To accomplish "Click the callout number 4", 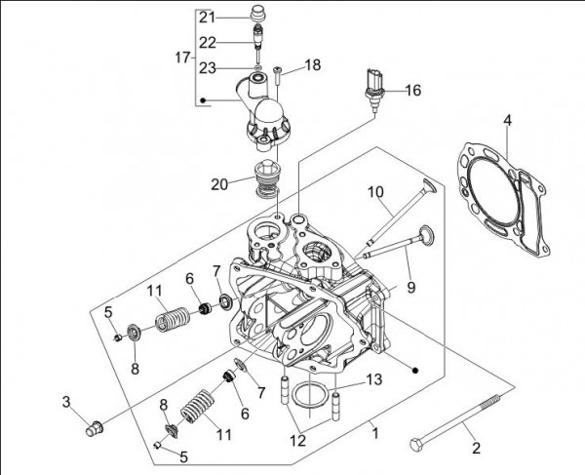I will pyautogui.click(x=506, y=121).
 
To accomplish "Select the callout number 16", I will pyautogui.click(x=412, y=90).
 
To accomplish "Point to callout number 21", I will pyautogui.click(x=206, y=18).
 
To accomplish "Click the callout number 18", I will pyautogui.click(x=312, y=64).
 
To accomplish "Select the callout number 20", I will pyautogui.click(x=219, y=182).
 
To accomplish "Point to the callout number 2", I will pyautogui.click(x=476, y=449).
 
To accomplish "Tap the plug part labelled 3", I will pyautogui.click(x=95, y=426).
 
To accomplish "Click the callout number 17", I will pyautogui.click(x=181, y=58).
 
